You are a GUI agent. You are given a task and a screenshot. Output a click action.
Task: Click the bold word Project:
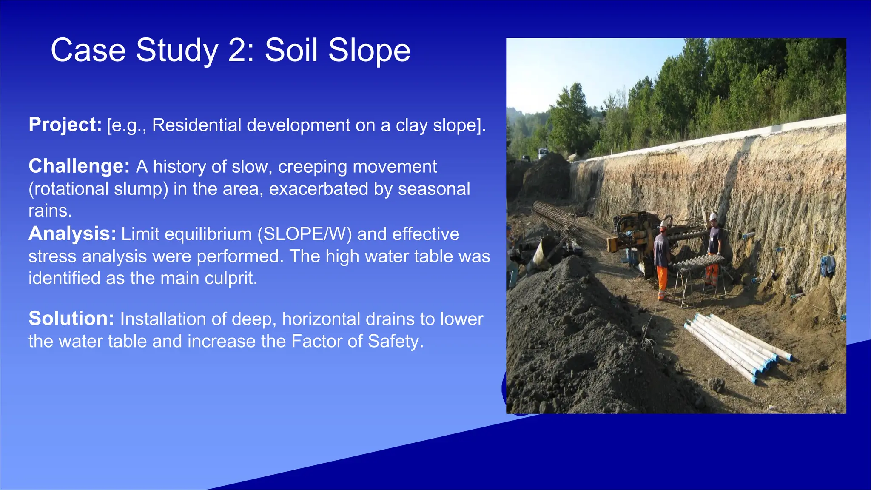65,125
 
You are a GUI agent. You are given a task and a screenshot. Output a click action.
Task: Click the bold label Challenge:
79,166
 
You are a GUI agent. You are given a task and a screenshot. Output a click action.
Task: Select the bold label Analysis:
72,234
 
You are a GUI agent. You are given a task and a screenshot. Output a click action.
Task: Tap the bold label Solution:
71,319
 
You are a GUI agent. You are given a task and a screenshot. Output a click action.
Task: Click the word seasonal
434,189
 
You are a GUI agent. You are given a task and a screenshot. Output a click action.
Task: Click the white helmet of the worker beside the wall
713,217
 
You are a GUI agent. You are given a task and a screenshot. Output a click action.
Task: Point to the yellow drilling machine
634,230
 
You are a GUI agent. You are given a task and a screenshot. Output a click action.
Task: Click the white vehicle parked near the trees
542,153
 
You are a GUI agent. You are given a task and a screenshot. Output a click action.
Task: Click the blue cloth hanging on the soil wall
827,265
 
